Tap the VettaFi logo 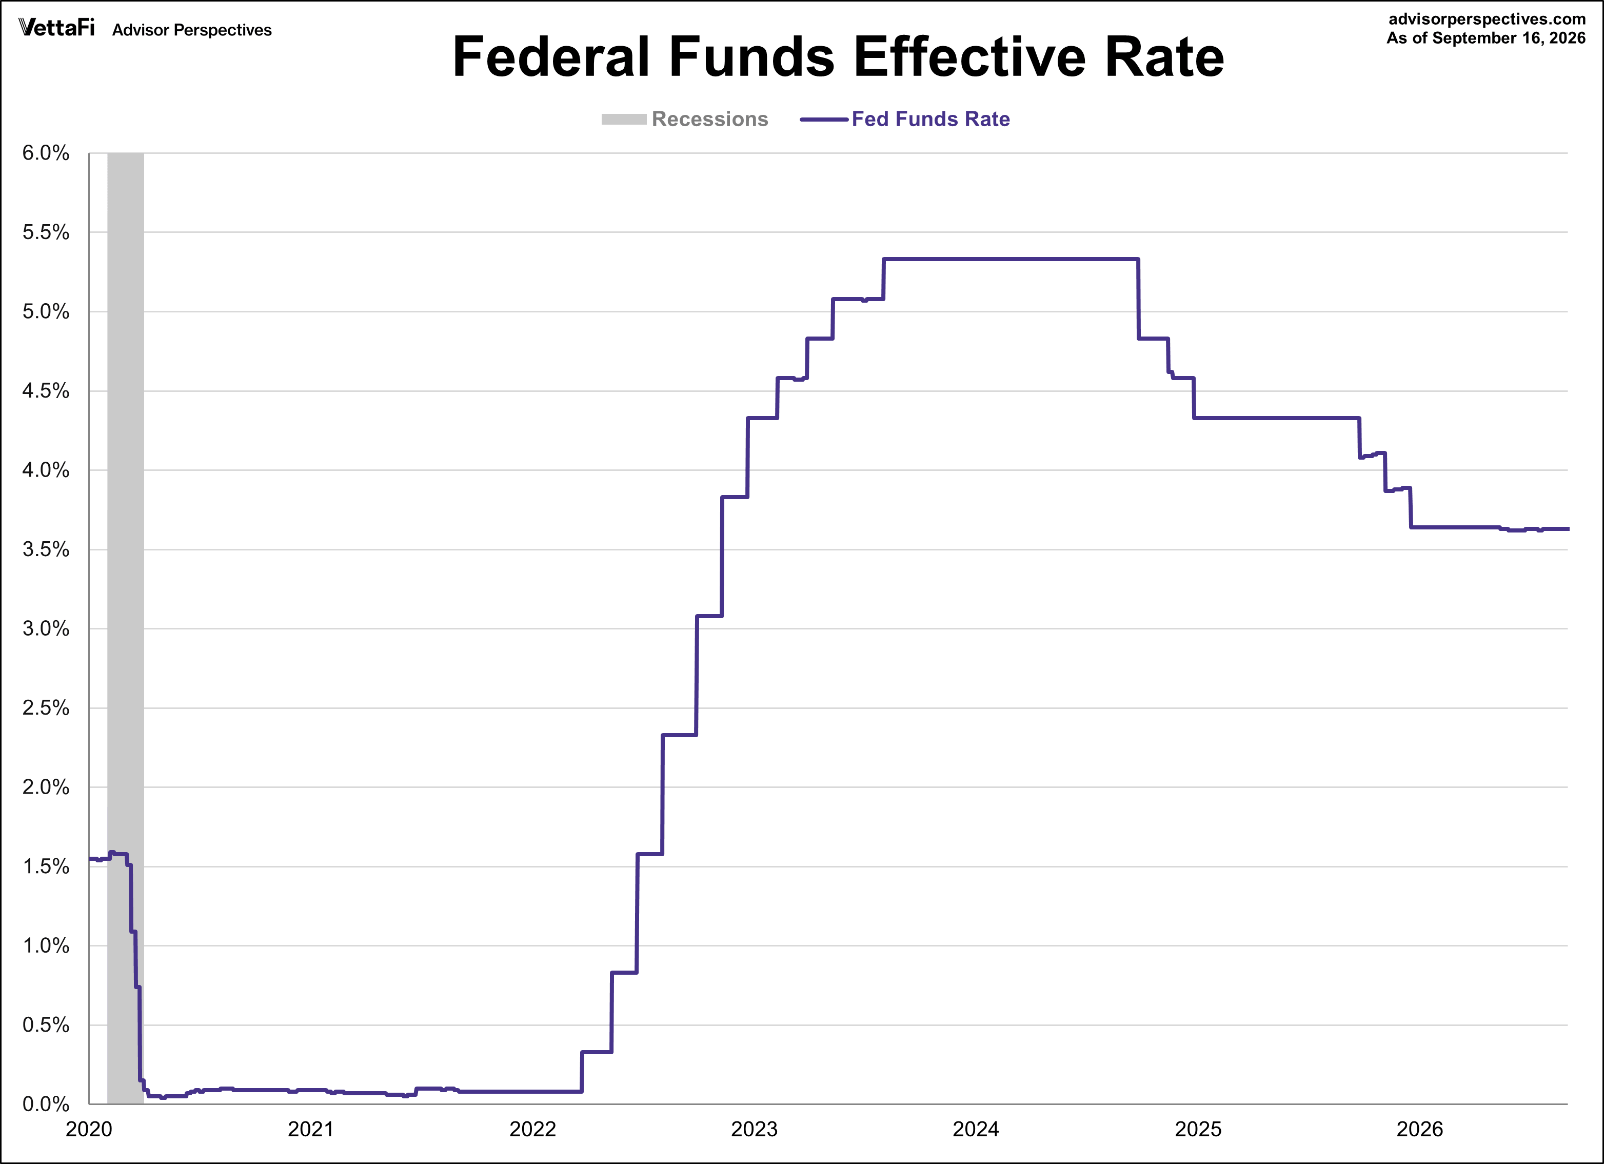pyautogui.click(x=56, y=28)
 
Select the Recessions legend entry pyautogui.click(x=685, y=119)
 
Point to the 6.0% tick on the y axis pyautogui.click(x=46, y=153)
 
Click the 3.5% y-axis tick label pyautogui.click(x=46, y=549)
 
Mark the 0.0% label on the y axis pyautogui.click(x=46, y=1104)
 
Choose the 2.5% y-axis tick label pyautogui.click(x=46, y=708)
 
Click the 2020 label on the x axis pyautogui.click(x=89, y=1129)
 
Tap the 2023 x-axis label pyautogui.click(x=755, y=1129)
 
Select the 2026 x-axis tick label pyautogui.click(x=1419, y=1129)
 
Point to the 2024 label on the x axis pyautogui.click(x=976, y=1129)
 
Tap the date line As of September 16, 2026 pyautogui.click(x=1486, y=38)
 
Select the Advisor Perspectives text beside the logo pyautogui.click(x=192, y=30)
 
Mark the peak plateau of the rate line pyautogui.click(x=1012, y=260)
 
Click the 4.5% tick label pyautogui.click(x=46, y=391)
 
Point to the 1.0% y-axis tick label pyautogui.click(x=46, y=945)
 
